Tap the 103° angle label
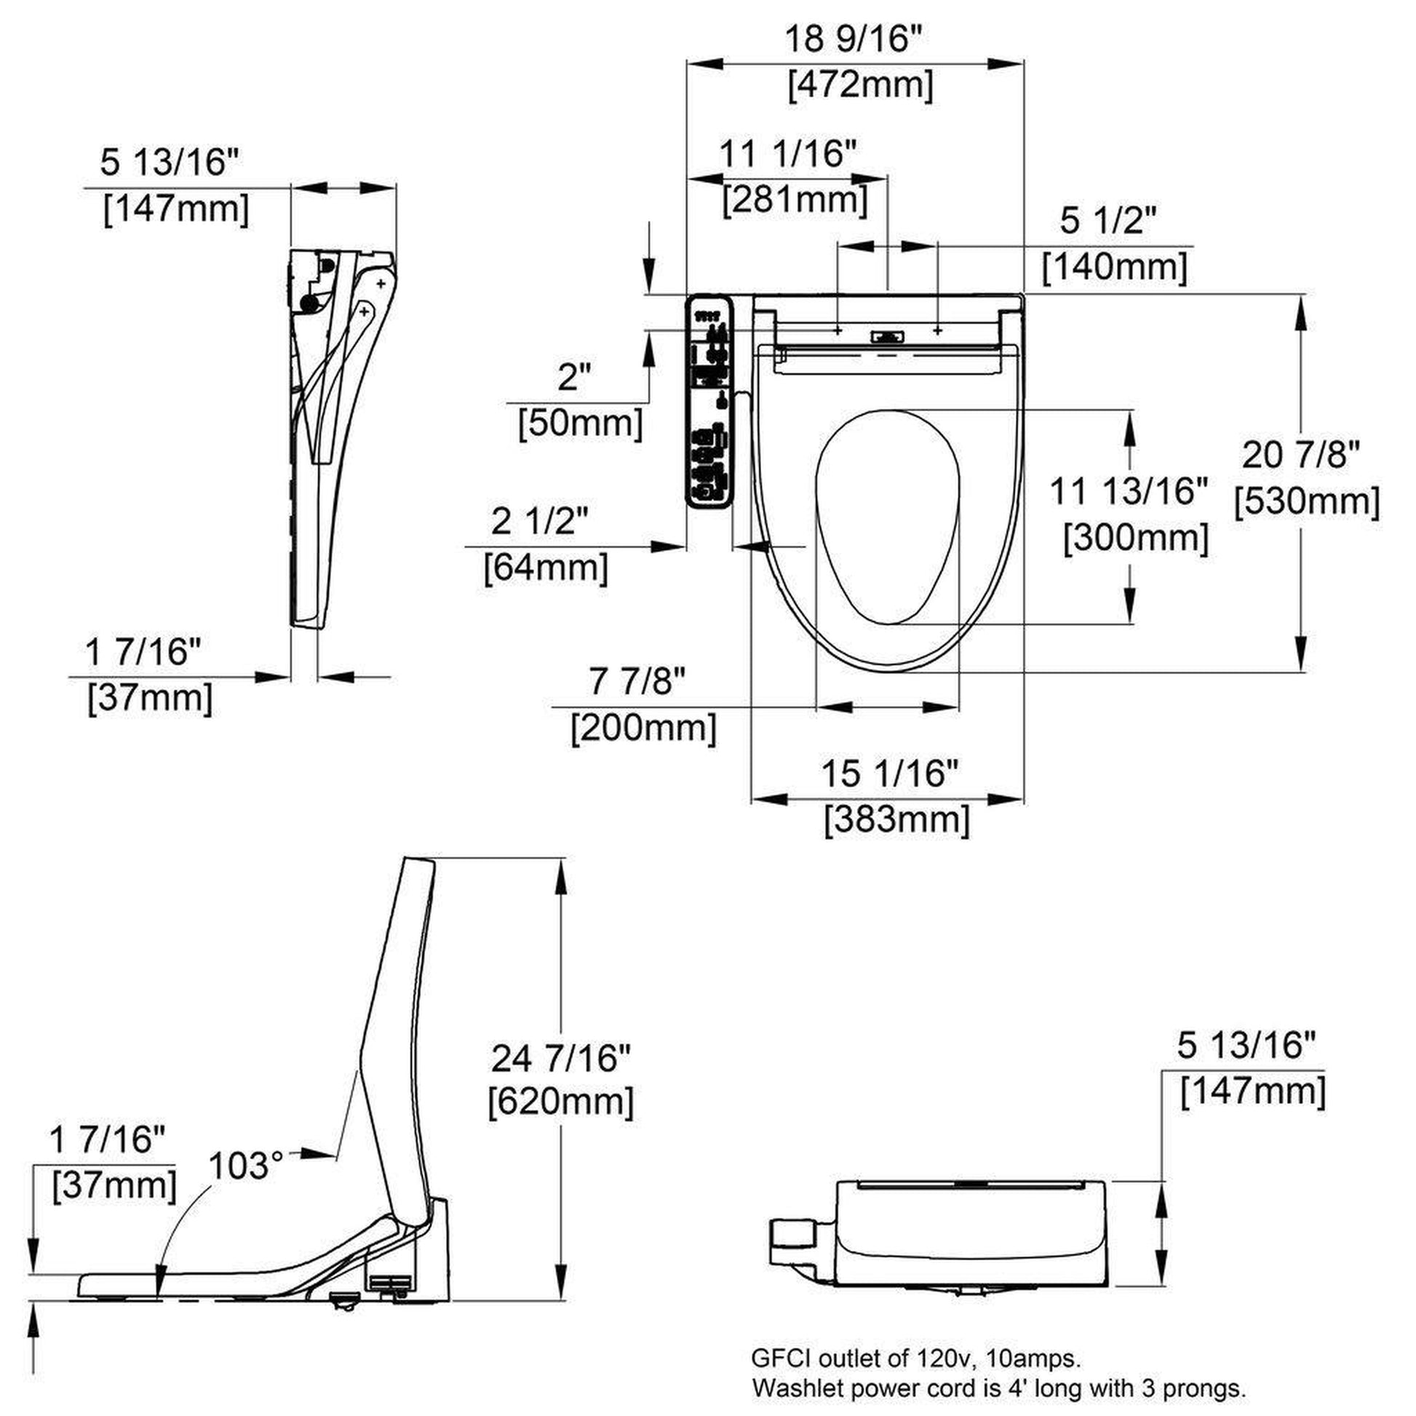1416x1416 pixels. [245, 1165]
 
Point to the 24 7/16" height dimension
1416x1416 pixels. [560, 1058]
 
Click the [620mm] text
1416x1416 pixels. [561, 1102]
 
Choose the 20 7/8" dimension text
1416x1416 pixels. [1301, 456]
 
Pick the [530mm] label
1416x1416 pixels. [1307, 502]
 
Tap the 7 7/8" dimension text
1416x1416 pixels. [637, 683]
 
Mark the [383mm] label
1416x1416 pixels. [897, 819]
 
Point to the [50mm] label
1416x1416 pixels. [581, 423]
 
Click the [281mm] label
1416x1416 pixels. [795, 199]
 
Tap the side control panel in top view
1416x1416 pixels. [709, 401]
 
